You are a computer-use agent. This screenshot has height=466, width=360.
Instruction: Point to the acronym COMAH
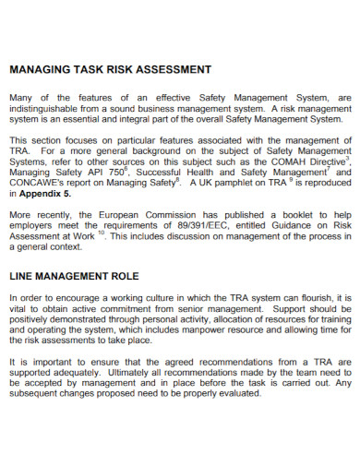(280, 161)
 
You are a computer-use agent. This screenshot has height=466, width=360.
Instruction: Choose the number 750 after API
(114, 173)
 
